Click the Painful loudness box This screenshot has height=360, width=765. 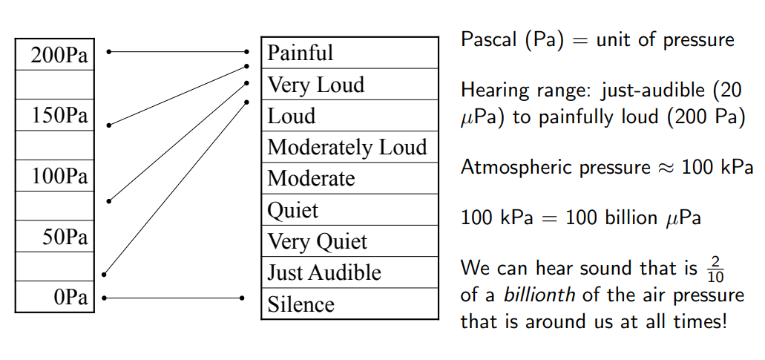click(349, 53)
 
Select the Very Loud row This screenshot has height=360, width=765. click(349, 85)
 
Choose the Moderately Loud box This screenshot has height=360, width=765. click(349, 147)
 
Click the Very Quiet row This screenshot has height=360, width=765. click(349, 241)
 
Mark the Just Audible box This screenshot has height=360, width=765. click(349, 272)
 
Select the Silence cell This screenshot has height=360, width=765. click(349, 304)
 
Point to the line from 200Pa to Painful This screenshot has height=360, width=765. click(178, 52)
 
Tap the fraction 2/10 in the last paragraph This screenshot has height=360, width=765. click(715, 269)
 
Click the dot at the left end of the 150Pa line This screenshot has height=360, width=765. click(109, 125)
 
